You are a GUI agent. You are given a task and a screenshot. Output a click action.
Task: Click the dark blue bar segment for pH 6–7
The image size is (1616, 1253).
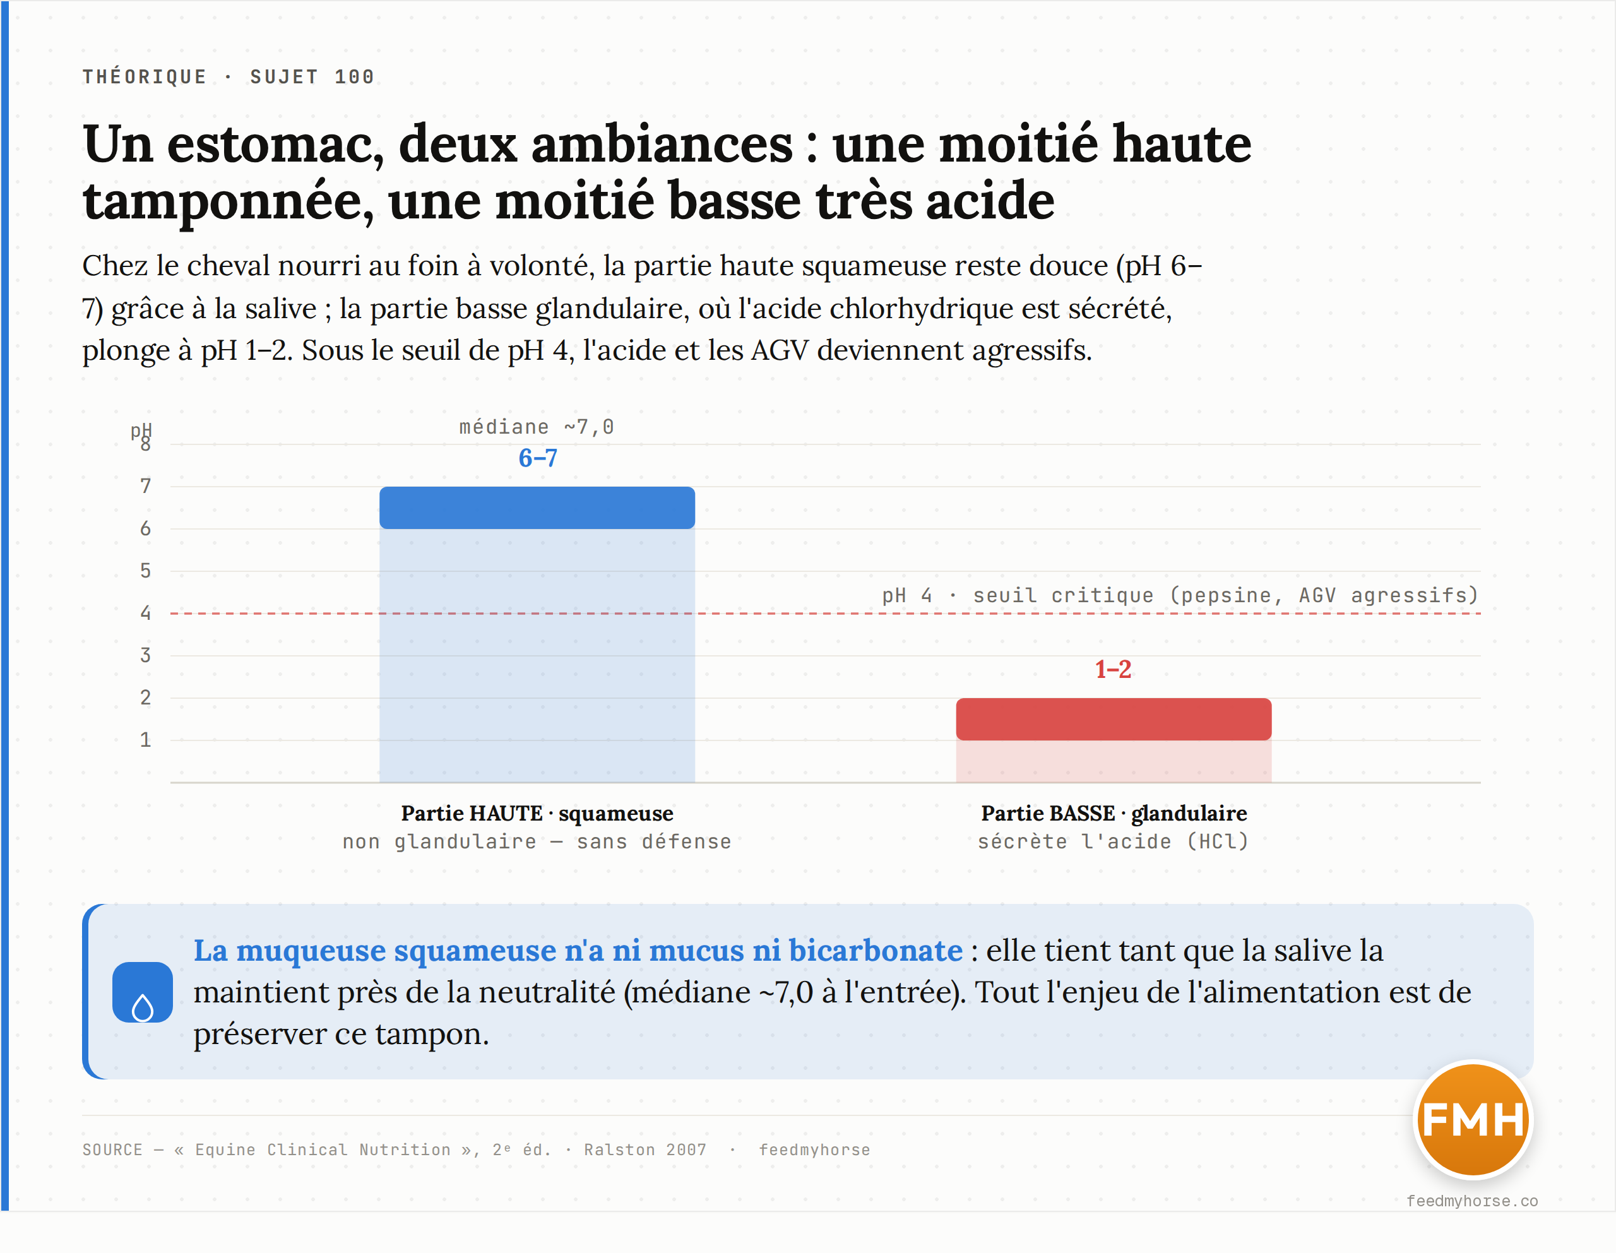coord(537,508)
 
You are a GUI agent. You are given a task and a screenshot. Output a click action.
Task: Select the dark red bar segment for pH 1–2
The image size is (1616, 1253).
coord(1114,718)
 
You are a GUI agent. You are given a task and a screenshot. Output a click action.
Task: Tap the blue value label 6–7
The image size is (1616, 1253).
coord(538,458)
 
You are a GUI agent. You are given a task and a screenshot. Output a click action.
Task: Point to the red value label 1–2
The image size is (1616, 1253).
coord(1114,670)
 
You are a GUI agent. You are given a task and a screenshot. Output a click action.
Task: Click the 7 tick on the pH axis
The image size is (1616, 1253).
coord(146,486)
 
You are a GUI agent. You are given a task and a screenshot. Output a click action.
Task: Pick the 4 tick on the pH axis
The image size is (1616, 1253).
coord(146,613)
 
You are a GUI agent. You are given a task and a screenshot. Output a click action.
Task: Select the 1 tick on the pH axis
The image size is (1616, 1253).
coord(146,739)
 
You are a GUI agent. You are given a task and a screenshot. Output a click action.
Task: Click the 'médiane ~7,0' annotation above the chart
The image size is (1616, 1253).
coord(537,427)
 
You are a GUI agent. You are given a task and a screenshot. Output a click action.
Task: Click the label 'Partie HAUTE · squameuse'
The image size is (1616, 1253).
coord(537,814)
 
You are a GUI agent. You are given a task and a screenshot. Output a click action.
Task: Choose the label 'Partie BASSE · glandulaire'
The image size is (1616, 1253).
coord(1114,814)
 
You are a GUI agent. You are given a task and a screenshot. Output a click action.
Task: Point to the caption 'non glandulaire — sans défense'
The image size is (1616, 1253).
coord(537,841)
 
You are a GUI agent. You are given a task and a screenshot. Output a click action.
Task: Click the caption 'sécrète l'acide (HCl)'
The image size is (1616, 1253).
coord(1114,841)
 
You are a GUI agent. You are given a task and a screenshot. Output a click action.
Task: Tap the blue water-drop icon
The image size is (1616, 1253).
coord(143,992)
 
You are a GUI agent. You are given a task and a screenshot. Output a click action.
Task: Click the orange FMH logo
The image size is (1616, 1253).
coord(1473,1119)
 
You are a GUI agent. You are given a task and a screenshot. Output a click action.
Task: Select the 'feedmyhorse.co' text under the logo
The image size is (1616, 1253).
coord(1473,1201)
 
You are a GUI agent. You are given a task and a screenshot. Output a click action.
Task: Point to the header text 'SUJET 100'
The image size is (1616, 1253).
coord(312,77)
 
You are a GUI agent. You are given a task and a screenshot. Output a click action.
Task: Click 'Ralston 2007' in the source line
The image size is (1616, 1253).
coord(645,1149)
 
